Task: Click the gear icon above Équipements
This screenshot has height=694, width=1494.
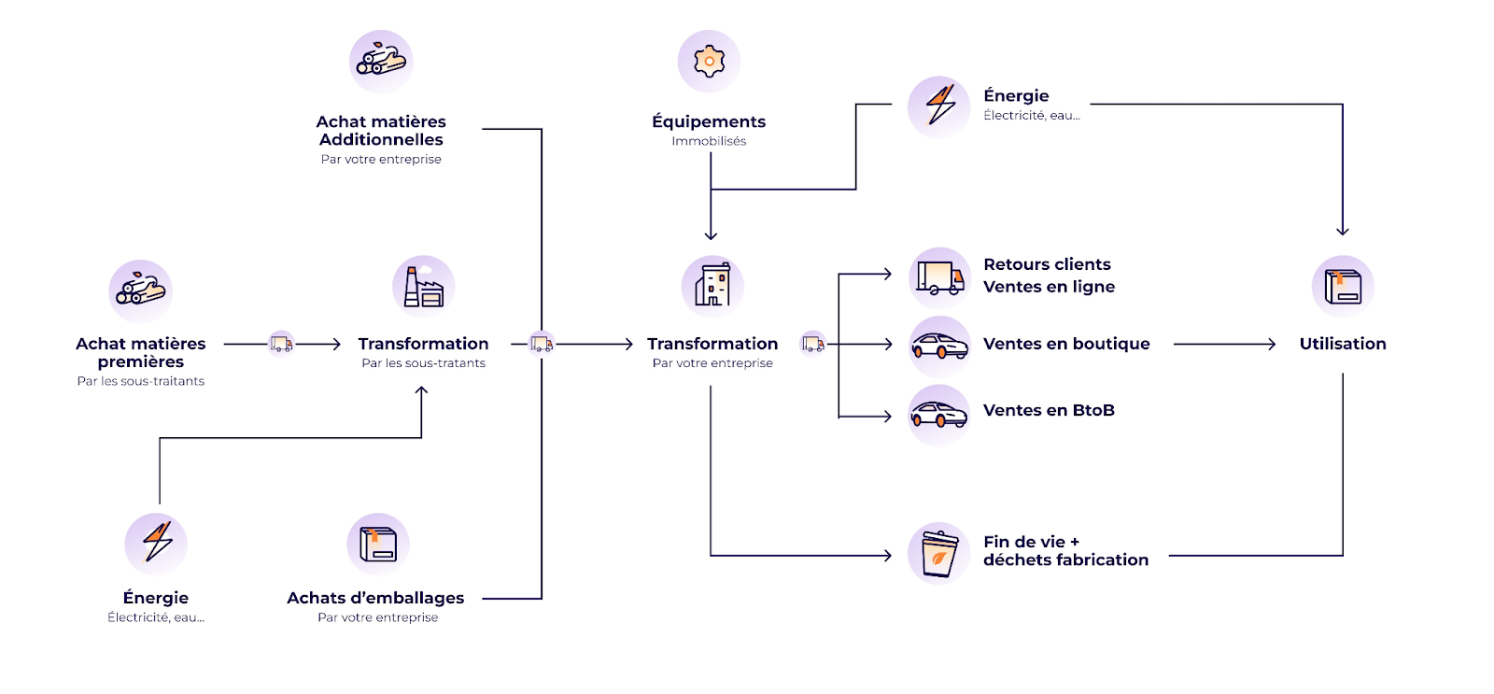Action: (709, 62)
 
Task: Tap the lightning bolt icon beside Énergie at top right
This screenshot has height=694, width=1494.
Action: (939, 106)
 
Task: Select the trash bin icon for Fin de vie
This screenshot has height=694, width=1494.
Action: (939, 553)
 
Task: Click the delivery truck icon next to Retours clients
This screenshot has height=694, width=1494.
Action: (939, 278)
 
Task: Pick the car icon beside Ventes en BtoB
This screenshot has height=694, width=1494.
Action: (939, 414)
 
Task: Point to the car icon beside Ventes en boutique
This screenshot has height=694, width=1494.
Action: (939, 347)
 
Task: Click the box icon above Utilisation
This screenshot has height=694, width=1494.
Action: (1343, 287)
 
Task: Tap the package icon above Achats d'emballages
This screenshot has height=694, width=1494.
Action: (378, 544)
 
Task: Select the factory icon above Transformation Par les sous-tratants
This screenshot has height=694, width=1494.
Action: (423, 287)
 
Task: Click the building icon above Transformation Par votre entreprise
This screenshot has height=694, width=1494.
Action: (712, 286)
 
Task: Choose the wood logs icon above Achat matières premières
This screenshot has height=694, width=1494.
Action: (140, 290)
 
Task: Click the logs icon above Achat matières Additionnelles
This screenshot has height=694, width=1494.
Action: (381, 62)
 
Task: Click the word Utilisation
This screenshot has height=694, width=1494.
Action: (1343, 344)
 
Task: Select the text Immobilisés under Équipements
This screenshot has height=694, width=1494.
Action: (709, 141)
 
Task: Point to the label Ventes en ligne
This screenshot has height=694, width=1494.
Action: (1049, 287)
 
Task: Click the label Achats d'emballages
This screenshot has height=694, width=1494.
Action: (375, 598)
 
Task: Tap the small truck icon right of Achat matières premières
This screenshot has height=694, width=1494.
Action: (281, 344)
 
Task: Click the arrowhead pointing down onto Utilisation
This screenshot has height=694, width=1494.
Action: (1343, 232)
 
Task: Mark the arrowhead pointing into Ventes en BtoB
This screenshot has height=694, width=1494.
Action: (888, 417)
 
